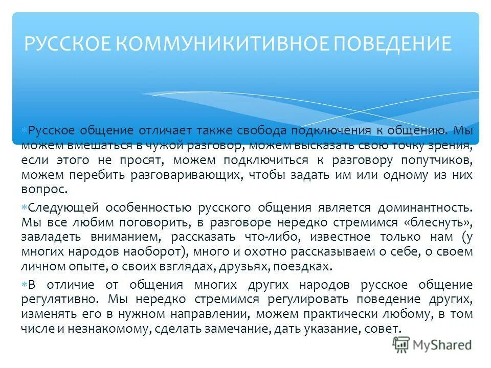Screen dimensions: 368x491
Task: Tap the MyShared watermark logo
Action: coord(432,344)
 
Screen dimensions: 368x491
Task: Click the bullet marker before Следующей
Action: coord(25,208)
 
